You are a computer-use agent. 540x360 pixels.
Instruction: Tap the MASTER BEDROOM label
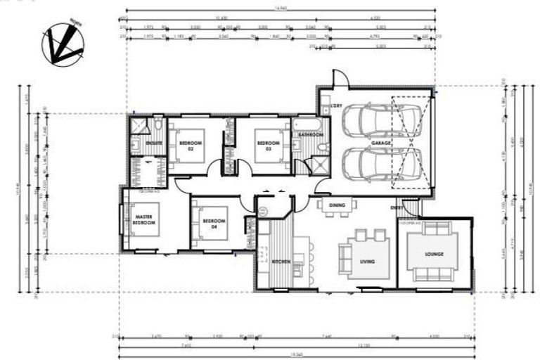click(x=143, y=219)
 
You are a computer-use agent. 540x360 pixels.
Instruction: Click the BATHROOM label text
click(x=310, y=134)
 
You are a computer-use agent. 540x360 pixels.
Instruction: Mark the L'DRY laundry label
click(x=326, y=108)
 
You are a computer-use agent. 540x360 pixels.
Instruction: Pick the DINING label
click(x=337, y=205)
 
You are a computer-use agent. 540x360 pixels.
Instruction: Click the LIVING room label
click(x=367, y=262)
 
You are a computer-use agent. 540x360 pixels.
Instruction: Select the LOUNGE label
click(x=433, y=253)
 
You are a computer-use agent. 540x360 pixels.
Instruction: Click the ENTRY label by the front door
click(x=397, y=208)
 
